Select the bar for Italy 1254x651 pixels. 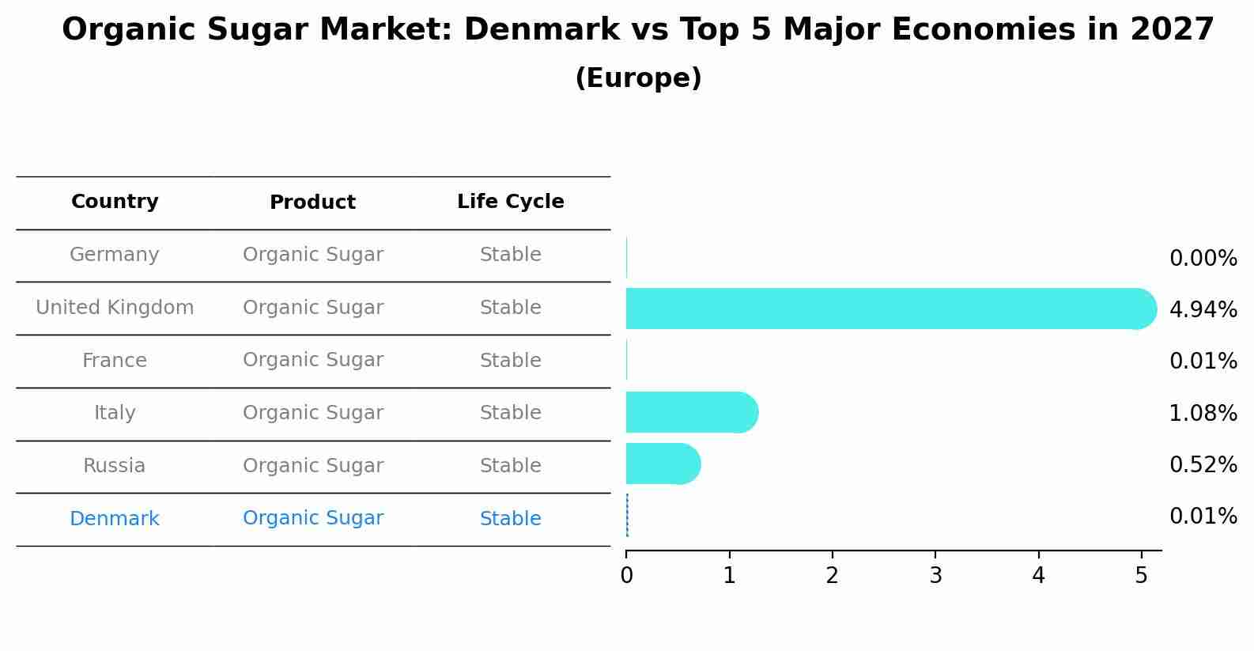(689, 412)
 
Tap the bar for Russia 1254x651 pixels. (662, 464)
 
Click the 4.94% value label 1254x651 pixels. (1203, 310)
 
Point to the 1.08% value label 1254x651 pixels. (1203, 413)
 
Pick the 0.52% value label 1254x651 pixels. (1203, 465)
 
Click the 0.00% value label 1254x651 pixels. (1203, 259)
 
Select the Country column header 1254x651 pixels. (115, 202)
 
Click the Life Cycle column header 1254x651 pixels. (510, 202)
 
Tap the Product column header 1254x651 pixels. (312, 202)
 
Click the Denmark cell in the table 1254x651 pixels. (115, 519)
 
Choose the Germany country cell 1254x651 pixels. (115, 255)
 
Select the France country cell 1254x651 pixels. (115, 361)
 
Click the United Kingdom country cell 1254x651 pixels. (115, 308)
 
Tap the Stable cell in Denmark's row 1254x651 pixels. (510, 519)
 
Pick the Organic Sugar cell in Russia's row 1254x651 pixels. (312, 466)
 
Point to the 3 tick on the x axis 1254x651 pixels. (935, 576)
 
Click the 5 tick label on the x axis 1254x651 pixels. (1141, 576)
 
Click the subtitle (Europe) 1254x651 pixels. (638, 78)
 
